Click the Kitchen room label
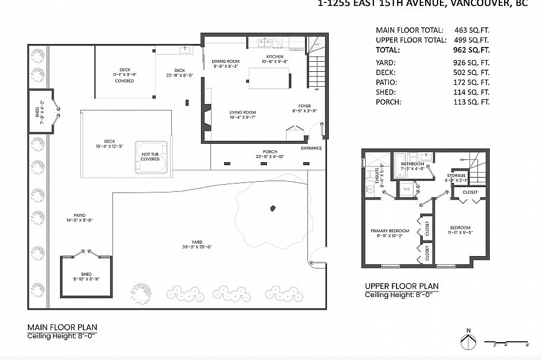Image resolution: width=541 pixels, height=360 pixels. tap(275, 56)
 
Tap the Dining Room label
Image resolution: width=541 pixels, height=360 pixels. tap(226, 61)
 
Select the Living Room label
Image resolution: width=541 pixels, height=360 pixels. tap(243, 112)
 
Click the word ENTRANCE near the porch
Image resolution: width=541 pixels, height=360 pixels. tap(311, 148)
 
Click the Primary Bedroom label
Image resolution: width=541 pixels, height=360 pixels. tap(389, 231)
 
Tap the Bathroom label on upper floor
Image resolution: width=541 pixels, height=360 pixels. tap(412, 163)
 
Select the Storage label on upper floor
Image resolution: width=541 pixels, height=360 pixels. tap(457, 176)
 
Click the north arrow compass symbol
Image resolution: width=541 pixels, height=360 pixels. tap(468, 342)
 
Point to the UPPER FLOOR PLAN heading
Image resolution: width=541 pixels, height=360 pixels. tap(401, 286)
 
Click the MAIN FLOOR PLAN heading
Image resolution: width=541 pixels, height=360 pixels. tap(62, 327)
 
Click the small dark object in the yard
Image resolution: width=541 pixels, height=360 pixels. tap(273, 208)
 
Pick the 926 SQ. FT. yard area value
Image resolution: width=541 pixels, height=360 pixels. tap(468, 62)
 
